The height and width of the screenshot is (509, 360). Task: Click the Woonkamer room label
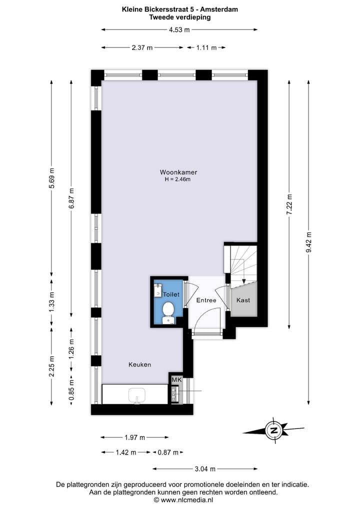[x=179, y=172]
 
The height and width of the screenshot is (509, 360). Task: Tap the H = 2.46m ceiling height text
[x=179, y=179]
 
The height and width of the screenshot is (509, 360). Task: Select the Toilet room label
[x=171, y=295]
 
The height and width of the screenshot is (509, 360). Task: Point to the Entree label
[x=206, y=300]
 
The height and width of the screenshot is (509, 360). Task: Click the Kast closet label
[x=243, y=300]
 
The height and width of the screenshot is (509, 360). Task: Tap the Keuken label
[x=139, y=364]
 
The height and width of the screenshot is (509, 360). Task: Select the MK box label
[x=175, y=380]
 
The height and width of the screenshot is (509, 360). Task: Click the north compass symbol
[x=273, y=430]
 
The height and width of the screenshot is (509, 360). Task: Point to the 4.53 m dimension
[x=179, y=29]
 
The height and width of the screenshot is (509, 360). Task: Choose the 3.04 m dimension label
[x=205, y=469]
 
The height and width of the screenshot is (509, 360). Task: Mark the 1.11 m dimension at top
[x=206, y=47]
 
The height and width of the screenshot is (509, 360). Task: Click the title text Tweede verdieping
[x=180, y=17]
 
